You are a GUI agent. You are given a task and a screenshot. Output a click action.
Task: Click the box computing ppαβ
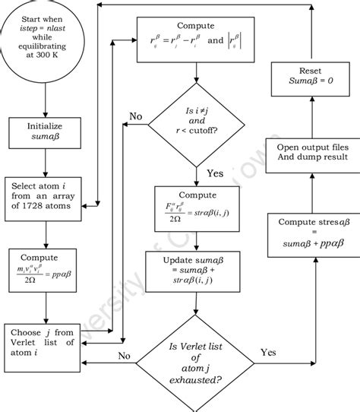(46, 267)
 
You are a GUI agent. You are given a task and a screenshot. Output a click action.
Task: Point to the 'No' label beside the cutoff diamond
(136, 116)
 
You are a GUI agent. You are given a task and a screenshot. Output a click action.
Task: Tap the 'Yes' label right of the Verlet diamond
(268, 352)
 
